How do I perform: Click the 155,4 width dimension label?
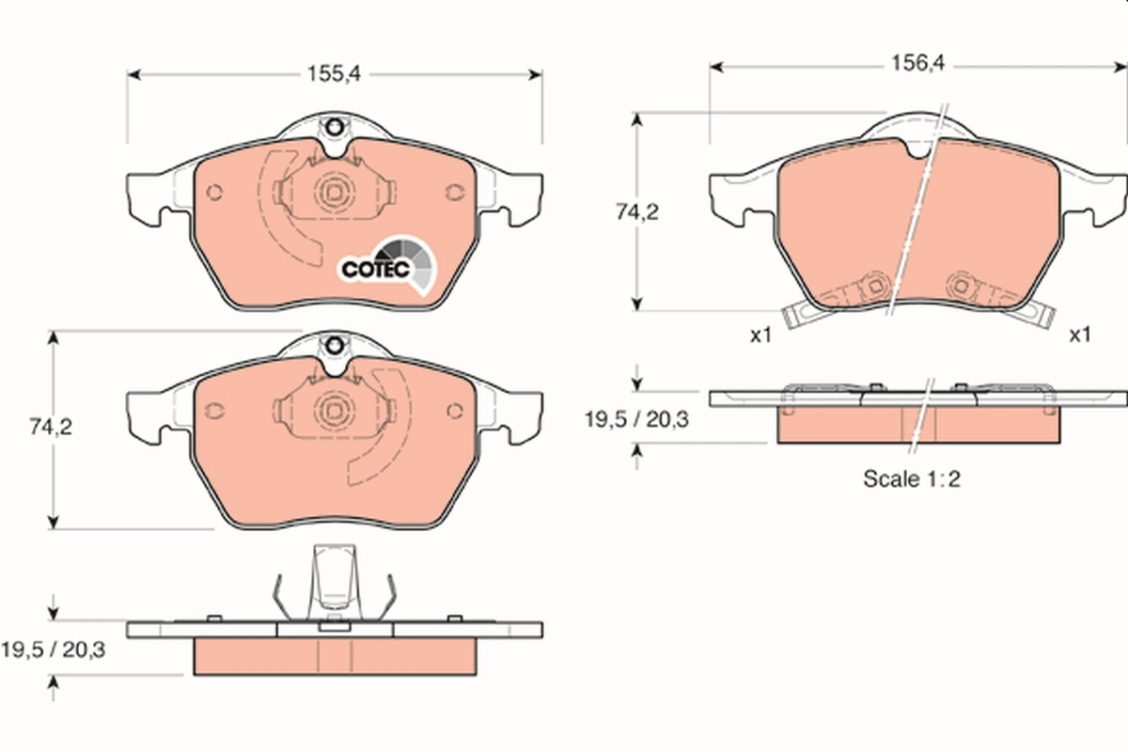point(335,73)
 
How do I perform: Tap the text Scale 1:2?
point(911,478)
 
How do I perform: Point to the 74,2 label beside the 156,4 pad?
point(637,212)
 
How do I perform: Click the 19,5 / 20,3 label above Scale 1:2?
point(637,419)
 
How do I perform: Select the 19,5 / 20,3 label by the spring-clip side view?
point(53,649)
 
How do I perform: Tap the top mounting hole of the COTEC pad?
point(334,126)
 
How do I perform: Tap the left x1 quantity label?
point(760,335)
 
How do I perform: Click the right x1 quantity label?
point(1078,335)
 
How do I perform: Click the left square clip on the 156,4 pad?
point(875,285)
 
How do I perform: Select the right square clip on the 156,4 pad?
point(962,285)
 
